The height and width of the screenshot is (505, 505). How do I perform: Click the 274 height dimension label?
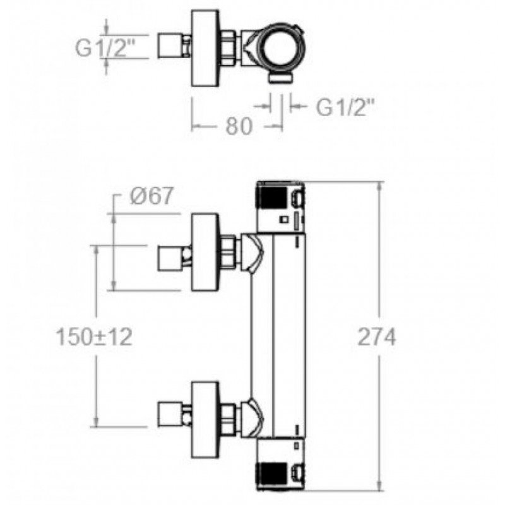(376, 337)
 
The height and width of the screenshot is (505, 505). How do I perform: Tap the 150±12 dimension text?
(94, 337)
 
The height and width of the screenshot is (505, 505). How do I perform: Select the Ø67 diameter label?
(151, 195)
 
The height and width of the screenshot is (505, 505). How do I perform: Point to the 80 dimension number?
(239, 126)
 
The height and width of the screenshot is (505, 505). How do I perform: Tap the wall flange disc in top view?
(206, 49)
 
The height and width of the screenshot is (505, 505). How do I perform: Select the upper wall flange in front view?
(206, 252)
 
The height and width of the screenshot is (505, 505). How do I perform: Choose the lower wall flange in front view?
(206, 420)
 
